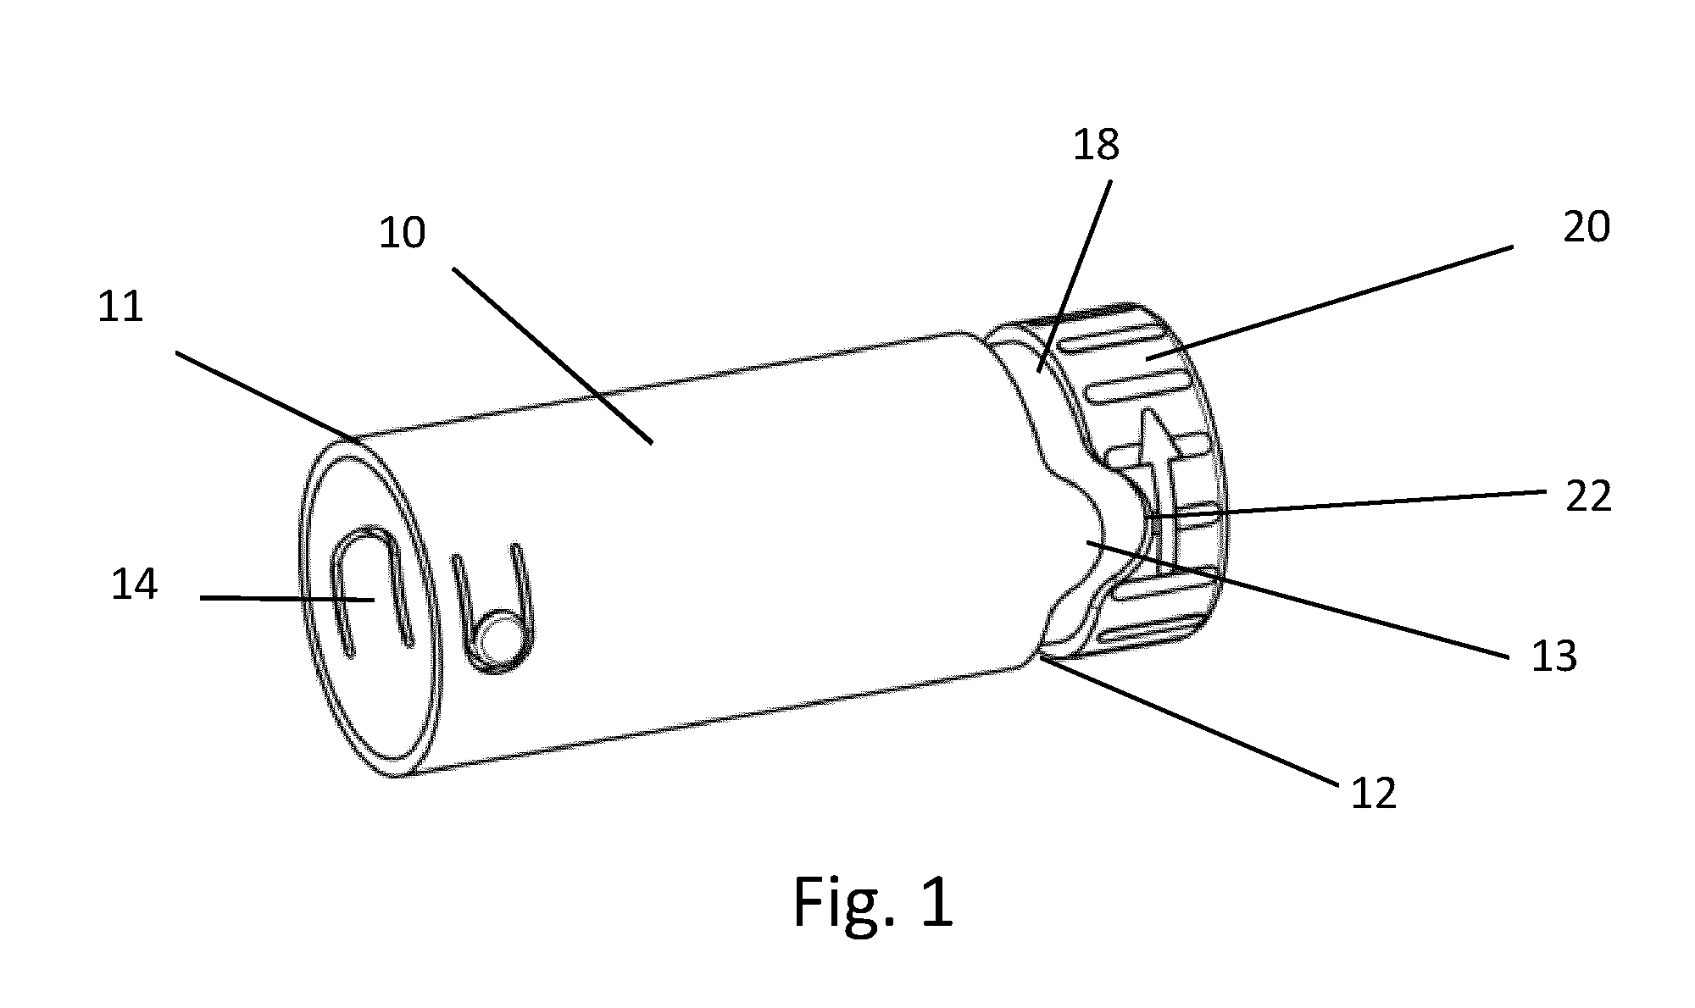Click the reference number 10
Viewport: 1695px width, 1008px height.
(x=402, y=232)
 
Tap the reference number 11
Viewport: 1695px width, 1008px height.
(x=120, y=307)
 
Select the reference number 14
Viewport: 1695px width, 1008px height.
(x=134, y=584)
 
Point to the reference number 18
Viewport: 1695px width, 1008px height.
(x=1096, y=145)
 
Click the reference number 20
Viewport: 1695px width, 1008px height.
(x=1587, y=227)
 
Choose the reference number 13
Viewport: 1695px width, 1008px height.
(x=1553, y=656)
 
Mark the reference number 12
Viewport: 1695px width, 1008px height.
(x=1373, y=794)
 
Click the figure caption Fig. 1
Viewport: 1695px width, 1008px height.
(x=873, y=903)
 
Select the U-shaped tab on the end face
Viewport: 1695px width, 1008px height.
(x=370, y=589)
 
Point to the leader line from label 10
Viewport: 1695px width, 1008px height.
(x=553, y=356)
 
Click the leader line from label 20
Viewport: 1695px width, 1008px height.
(x=1329, y=303)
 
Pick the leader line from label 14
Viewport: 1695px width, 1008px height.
(x=287, y=599)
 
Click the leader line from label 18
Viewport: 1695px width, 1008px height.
(x=1075, y=274)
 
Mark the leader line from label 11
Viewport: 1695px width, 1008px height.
(x=266, y=398)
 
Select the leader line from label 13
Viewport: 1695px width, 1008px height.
(x=1298, y=601)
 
